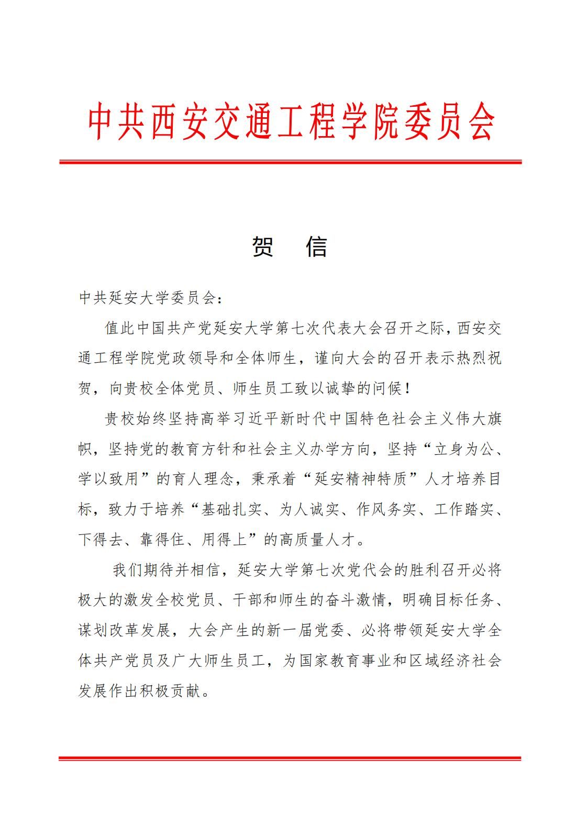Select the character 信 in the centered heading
(x=316, y=247)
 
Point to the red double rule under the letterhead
(x=290, y=162)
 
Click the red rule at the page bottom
(x=290, y=757)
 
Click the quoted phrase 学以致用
(x=108, y=479)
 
